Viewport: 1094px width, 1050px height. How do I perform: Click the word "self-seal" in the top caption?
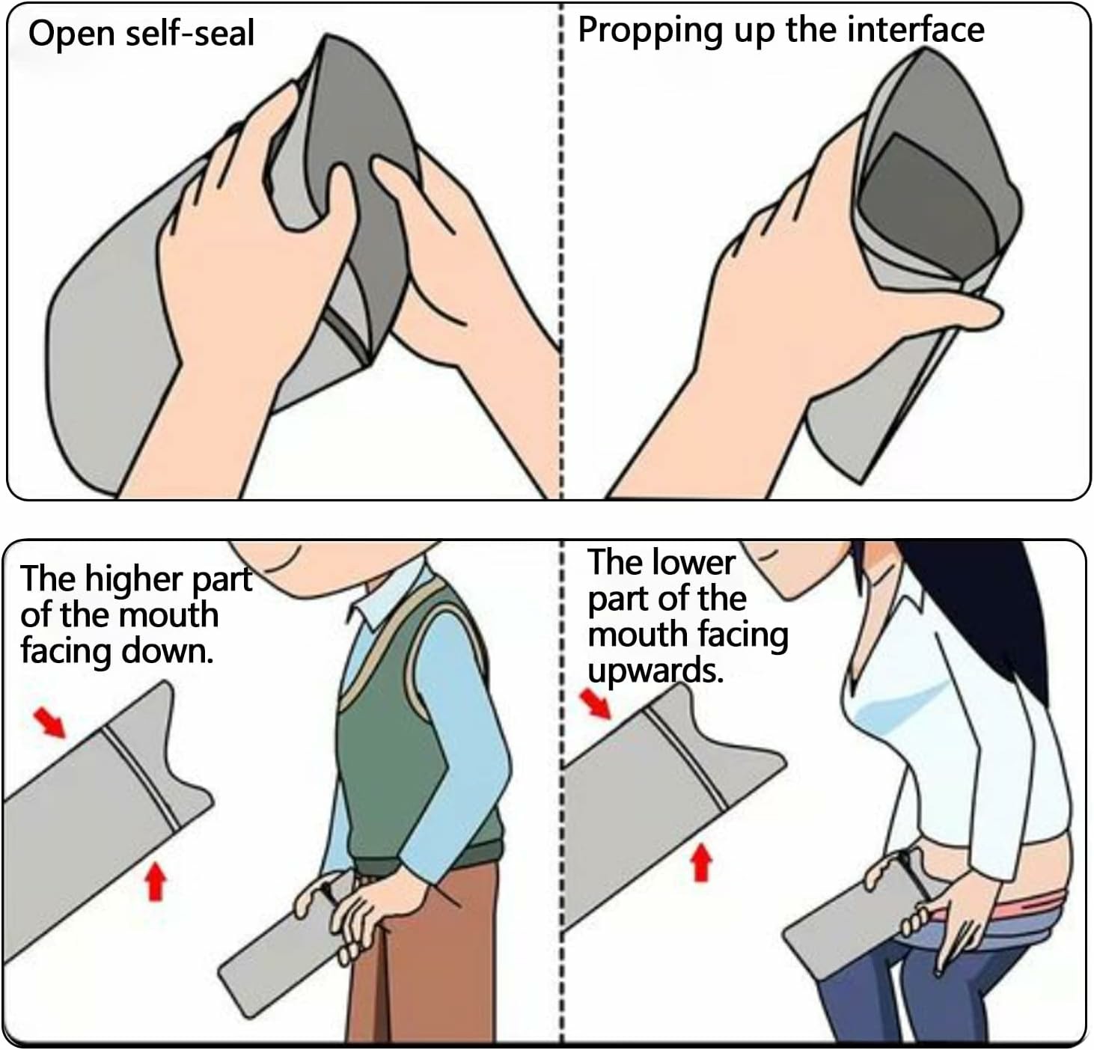(x=190, y=33)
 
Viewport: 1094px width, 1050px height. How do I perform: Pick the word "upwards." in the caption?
(x=656, y=671)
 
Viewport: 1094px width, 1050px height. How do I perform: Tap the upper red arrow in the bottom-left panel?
(x=49, y=722)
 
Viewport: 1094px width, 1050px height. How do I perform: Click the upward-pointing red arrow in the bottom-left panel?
(x=156, y=882)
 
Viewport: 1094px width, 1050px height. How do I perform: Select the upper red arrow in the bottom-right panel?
(x=596, y=703)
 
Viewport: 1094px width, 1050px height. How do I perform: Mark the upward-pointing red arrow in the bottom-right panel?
(x=701, y=864)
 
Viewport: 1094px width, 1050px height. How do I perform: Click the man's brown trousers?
(x=427, y=956)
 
